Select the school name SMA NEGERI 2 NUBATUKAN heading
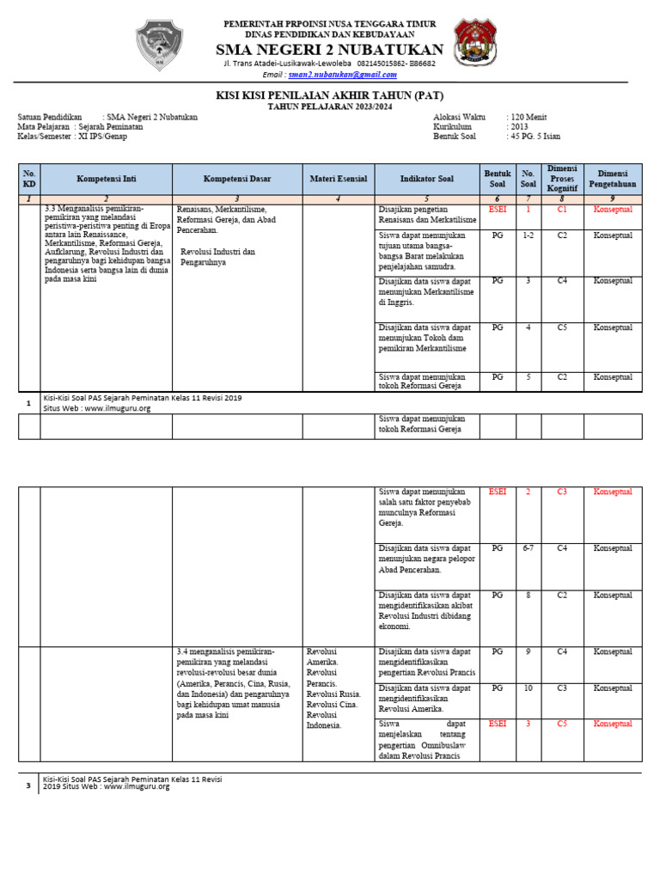330,49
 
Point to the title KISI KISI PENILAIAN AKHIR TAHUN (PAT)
330,95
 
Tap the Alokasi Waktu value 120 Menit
528,116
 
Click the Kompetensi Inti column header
106,179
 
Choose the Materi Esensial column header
338,179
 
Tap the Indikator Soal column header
426,179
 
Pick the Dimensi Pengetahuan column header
613,179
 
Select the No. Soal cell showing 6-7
528,548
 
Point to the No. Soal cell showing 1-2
528,235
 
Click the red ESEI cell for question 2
497,492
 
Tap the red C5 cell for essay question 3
562,724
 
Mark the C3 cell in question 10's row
562,688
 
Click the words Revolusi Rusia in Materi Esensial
333,694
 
